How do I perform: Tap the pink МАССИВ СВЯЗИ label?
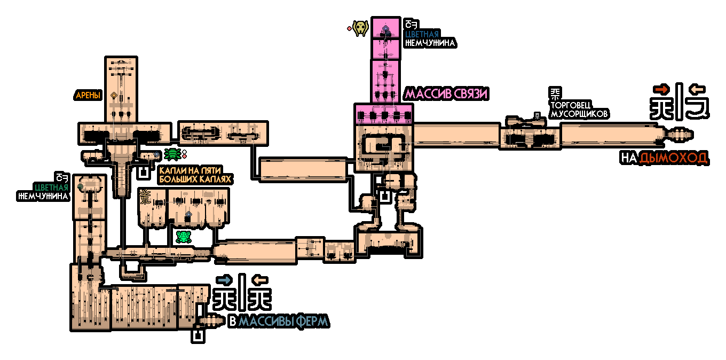tap(447, 94)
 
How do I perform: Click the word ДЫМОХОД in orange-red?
tap(673, 158)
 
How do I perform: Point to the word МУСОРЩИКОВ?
tap(579, 114)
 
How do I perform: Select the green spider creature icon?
tap(172, 154)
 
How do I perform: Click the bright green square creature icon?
tap(184, 237)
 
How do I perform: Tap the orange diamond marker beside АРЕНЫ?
tap(114, 95)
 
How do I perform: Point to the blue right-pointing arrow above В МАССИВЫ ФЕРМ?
tap(224, 279)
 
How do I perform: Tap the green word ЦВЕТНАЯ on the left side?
tap(51, 187)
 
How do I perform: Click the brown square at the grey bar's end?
tap(679, 70)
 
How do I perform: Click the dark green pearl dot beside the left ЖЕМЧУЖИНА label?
tap(80, 186)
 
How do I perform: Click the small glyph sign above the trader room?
tap(538, 114)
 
